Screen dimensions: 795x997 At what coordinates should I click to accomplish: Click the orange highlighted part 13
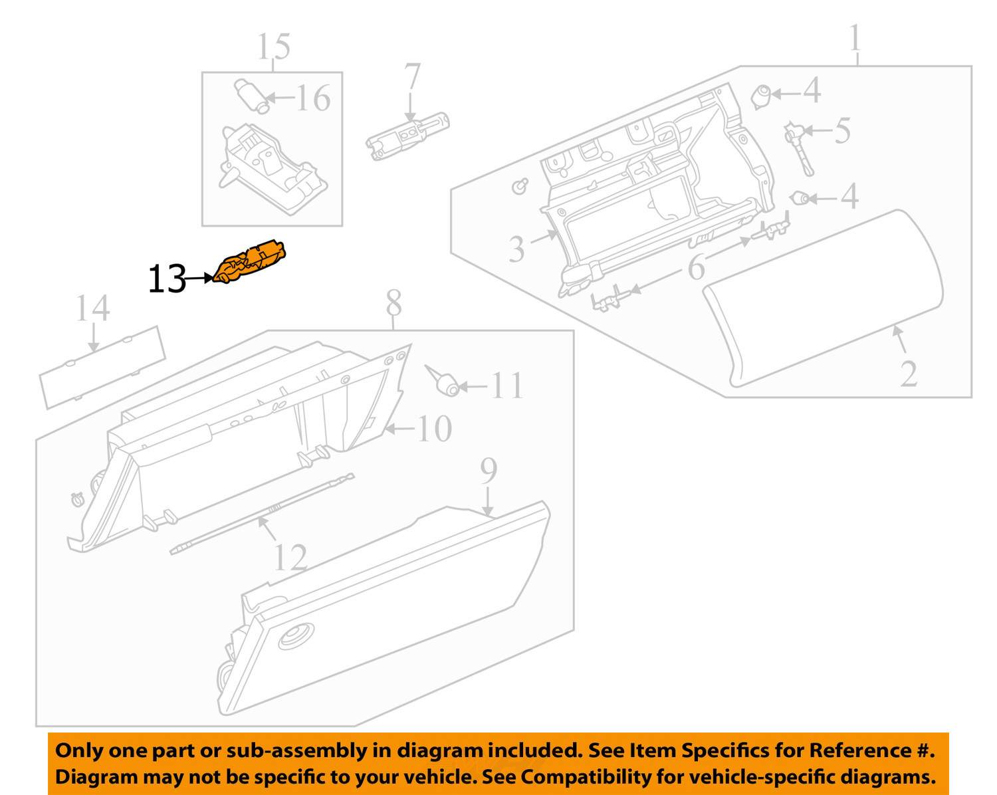[x=251, y=263]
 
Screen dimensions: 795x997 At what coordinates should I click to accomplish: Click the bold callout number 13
[x=166, y=279]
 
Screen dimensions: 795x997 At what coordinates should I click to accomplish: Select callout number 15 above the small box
[x=273, y=47]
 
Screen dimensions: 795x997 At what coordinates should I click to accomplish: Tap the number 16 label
[x=312, y=98]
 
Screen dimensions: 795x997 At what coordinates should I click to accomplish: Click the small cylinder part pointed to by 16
[x=251, y=96]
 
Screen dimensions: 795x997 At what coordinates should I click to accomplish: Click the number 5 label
[x=842, y=130]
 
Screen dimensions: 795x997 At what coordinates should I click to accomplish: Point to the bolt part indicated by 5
[x=798, y=146]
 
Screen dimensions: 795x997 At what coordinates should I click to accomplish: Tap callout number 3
[x=517, y=248]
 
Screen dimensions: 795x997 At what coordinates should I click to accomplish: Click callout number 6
[x=695, y=268]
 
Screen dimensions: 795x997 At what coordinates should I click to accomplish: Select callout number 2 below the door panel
[x=909, y=374]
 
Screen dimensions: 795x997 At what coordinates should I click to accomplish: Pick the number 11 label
[x=506, y=386]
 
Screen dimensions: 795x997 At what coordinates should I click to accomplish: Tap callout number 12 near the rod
[x=290, y=557]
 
